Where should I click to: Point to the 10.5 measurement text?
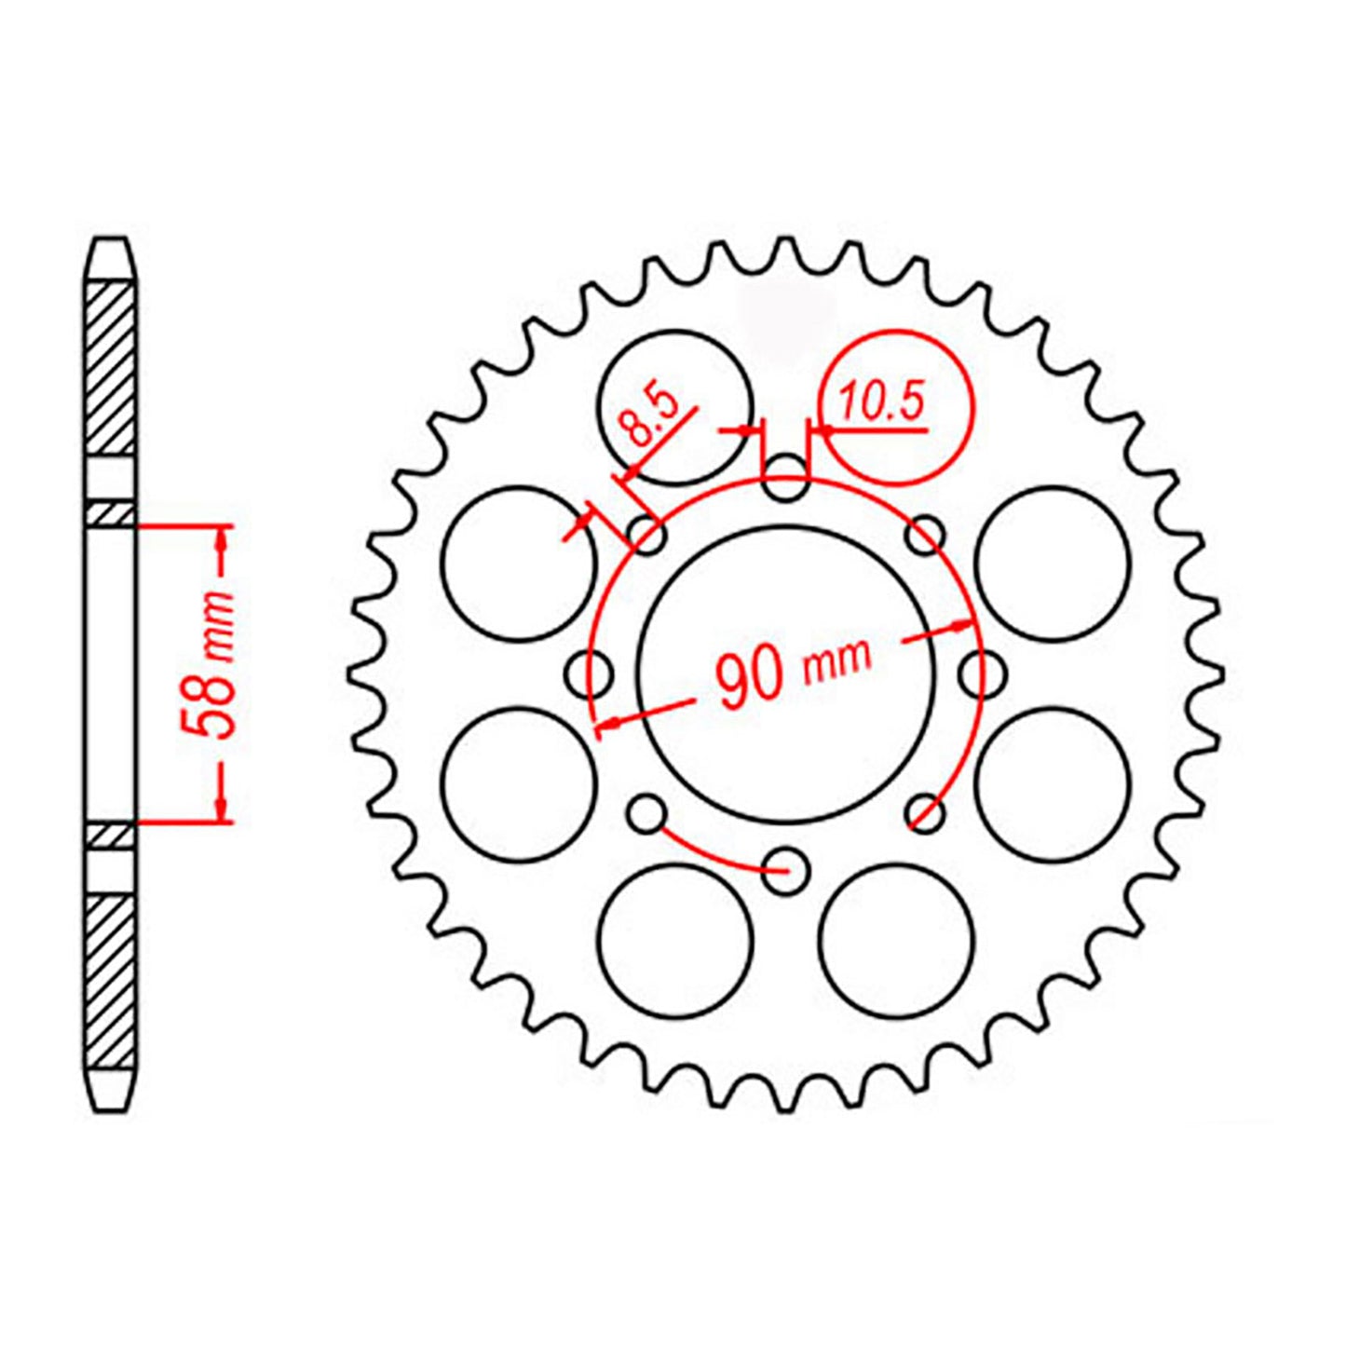[880, 402]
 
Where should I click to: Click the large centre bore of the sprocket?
[785, 674]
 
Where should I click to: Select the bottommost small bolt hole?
[786, 870]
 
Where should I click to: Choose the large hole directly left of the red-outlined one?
[674, 407]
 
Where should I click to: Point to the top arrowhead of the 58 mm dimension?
[222, 538]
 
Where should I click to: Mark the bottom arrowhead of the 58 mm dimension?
[222, 810]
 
